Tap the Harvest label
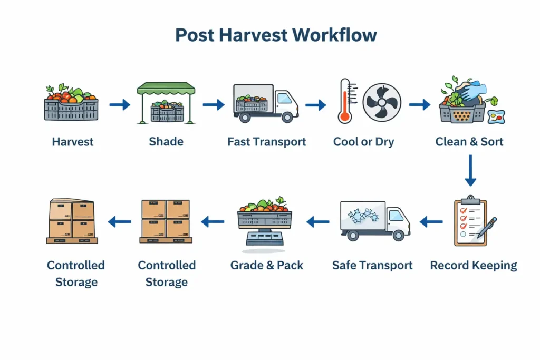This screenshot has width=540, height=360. pos(73,142)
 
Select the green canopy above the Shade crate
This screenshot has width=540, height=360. pos(166,89)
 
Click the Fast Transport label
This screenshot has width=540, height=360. pos(267,142)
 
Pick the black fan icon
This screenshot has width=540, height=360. pos(382,102)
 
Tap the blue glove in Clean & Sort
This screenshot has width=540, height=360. pos(471,91)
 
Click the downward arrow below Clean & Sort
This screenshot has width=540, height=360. pos(470,170)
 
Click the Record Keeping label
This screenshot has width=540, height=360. pos(474,265)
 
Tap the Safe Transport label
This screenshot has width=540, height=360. pos(372,265)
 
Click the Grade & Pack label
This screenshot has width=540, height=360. pos(267,265)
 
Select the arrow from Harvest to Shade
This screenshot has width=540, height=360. pos(120,105)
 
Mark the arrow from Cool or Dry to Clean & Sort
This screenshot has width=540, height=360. pos(420,105)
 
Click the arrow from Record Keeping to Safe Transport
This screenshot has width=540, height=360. pos(431,222)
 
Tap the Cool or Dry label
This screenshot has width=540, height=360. pos(363,142)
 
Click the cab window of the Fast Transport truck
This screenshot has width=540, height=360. pos(284,98)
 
